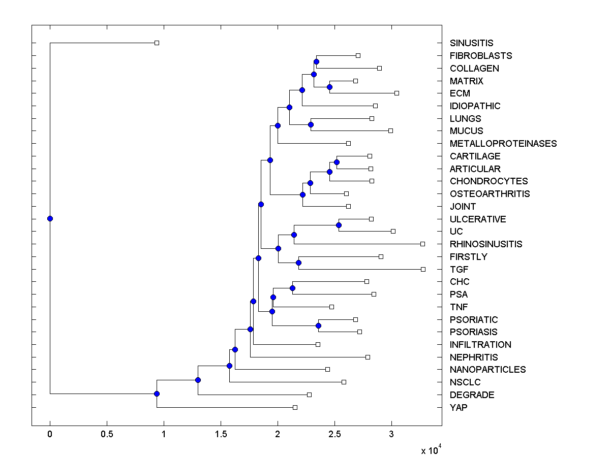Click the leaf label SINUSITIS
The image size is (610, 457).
471,43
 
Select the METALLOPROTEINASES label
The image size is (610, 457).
503,144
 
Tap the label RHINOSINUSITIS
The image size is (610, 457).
486,244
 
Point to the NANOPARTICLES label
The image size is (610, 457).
487,370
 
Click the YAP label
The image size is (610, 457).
459,407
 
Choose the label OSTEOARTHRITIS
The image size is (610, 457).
490,194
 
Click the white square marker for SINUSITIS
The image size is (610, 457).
157,43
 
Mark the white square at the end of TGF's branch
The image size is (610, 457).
423,269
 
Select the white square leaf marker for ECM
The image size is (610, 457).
396,93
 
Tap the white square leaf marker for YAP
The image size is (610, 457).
295,407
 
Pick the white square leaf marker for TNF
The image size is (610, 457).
331,307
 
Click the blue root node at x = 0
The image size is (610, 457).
50,218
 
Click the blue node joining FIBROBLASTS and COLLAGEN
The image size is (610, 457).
316,61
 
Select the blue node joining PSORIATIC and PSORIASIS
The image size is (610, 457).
319,325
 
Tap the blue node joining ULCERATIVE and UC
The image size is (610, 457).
339,225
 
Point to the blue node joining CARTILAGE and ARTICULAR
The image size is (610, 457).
337,162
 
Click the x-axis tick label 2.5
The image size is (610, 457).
334,435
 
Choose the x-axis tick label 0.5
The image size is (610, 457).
107,435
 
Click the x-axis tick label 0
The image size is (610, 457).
50,435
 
